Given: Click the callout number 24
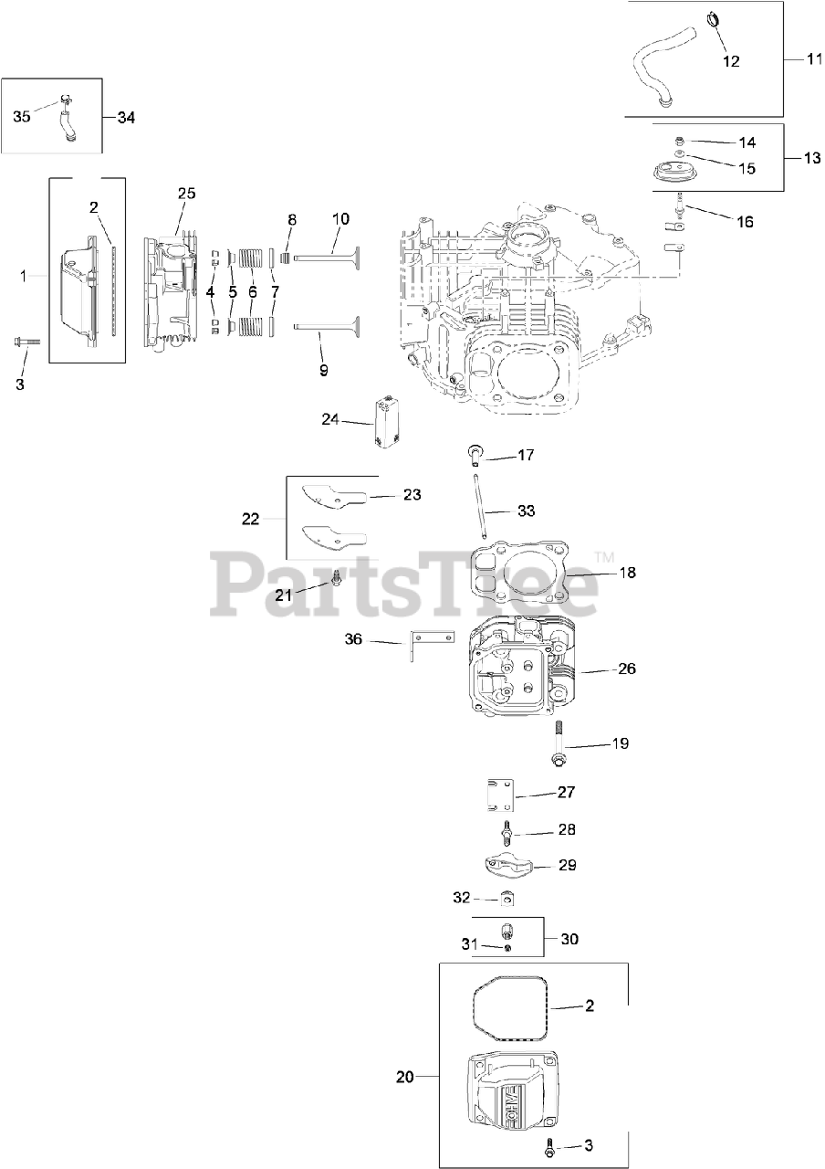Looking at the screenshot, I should (x=331, y=419).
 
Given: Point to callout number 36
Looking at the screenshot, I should (x=354, y=639).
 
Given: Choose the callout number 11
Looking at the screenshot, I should (x=814, y=57).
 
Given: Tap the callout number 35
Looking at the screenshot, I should (x=22, y=117).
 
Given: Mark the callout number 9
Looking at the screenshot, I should (x=323, y=371).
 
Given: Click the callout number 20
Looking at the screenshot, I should (x=405, y=1077).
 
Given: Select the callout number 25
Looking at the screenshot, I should (x=186, y=194).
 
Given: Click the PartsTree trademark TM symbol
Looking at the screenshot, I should (x=604, y=556).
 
